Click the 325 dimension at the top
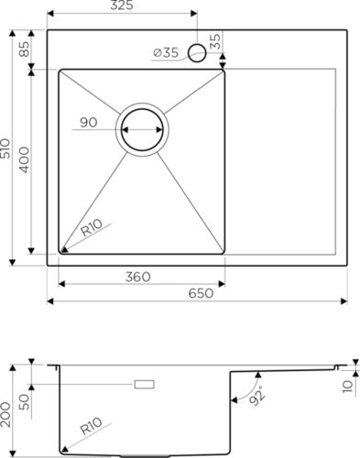[x=121, y=6]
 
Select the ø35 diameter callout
[x=165, y=53]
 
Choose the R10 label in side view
[x=89, y=428]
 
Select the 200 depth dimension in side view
[x=6, y=408]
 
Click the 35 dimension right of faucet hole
[x=215, y=41]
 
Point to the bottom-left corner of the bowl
[x=62, y=250]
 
